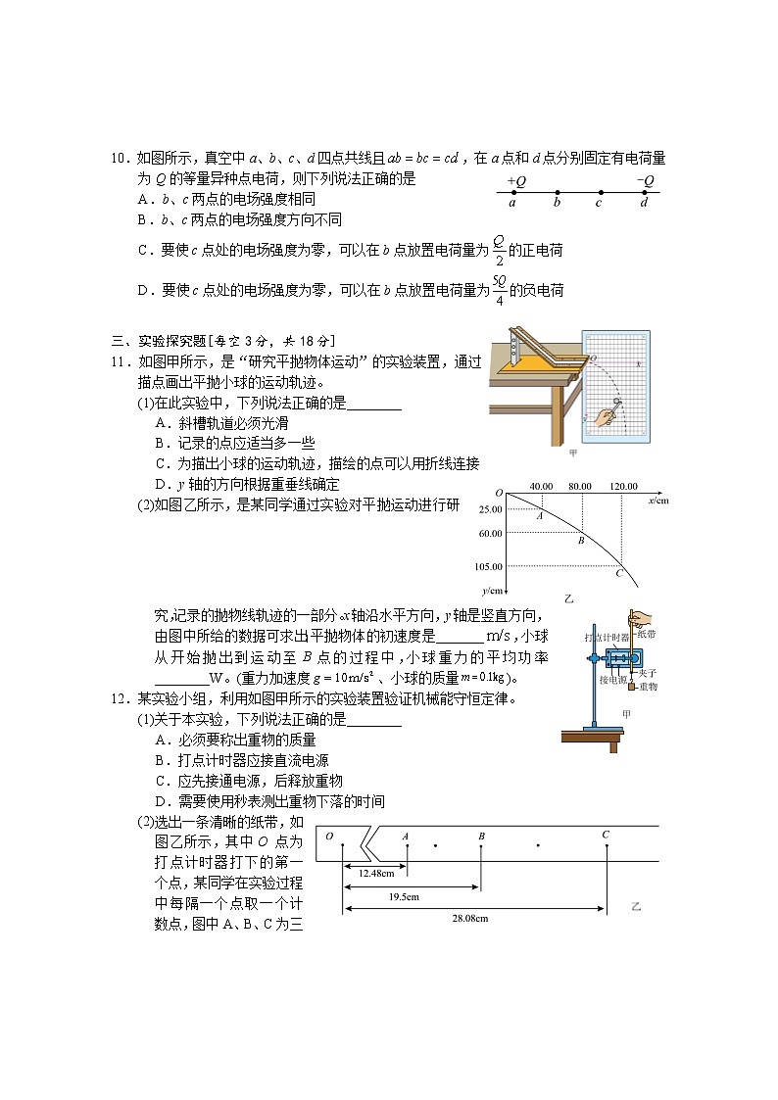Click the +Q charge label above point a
click(x=516, y=181)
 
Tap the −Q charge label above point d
click(x=645, y=181)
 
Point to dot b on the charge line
click(x=557, y=192)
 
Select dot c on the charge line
click(x=599, y=192)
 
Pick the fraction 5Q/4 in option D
click(x=499, y=290)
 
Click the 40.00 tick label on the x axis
click(x=541, y=487)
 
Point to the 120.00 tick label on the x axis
click(x=623, y=487)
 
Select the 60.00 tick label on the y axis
click(x=491, y=534)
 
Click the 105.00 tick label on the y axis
click(x=490, y=566)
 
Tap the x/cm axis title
click(x=657, y=501)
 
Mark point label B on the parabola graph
click(x=580, y=541)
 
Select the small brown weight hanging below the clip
click(x=632, y=687)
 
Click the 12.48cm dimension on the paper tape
click(x=376, y=873)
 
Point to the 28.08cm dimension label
click(x=469, y=918)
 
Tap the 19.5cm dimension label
click(x=404, y=896)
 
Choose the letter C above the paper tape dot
click(x=606, y=835)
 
